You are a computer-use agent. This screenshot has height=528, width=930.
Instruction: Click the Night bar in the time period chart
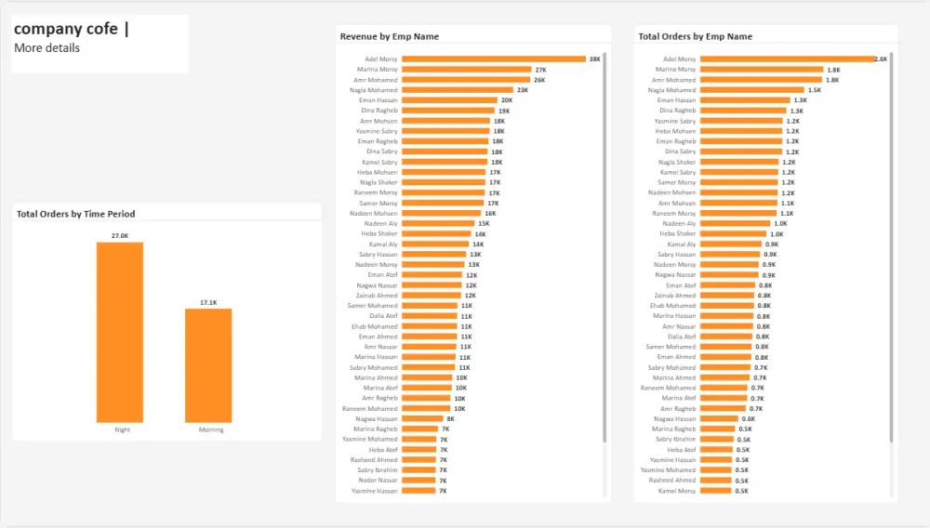[x=119, y=332]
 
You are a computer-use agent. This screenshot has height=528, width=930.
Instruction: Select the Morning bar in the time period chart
[x=208, y=365]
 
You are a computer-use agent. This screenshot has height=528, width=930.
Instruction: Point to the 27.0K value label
[x=120, y=236]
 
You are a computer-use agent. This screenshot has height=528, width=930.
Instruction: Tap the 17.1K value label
[x=208, y=302]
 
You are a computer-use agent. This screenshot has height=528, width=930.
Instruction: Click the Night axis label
[x=122, y=429]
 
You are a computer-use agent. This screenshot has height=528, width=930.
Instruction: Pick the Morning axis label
[x=211, y=429]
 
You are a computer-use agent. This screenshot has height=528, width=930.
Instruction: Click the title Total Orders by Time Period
[x=75, y=214]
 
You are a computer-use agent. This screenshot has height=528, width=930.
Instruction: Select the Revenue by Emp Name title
[x=389, y=36]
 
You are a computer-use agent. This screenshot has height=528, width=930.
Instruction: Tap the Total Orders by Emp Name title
[x=695, y=36]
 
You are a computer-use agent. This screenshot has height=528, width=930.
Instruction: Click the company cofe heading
[x=66, y=29]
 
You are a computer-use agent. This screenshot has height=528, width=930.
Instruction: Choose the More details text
[x=46, y=47]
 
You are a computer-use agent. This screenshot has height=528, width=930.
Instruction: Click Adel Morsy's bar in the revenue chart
[x=493, y=59]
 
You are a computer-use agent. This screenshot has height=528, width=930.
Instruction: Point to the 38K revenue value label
[x=595, y=59]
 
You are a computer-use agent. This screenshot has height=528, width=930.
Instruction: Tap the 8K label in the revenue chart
[x=450, y=418]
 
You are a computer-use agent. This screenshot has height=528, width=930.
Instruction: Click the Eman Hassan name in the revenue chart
[x=378, y=100]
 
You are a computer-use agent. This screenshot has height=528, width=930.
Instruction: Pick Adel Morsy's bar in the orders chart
[x=787, y=59]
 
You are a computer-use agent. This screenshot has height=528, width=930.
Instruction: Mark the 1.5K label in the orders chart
[x=815, y=90]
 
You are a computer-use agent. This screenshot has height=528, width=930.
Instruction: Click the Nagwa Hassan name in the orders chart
[x=676, y=418]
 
